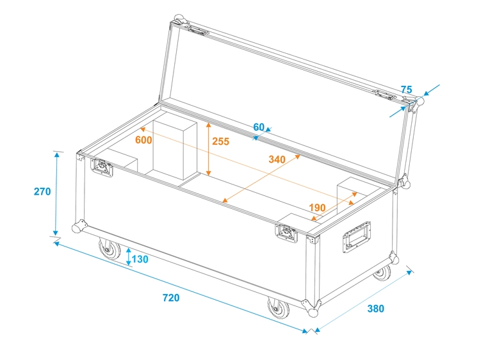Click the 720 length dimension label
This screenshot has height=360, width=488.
pyautogui.click(x=171, y=298)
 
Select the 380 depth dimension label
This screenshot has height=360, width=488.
pyautogui.click(x=376, y=309)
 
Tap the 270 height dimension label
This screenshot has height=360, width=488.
pyautogui.click(x=42, y=192)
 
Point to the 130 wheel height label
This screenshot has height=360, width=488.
pyautogui.click(x=140, y=259)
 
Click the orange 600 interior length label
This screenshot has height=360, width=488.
pyautogui.click(x=143, y=140)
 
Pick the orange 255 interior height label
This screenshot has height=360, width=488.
pyautogui.click(x=220, y=141)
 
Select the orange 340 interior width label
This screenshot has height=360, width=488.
pyautogui.click(x=277, y=160)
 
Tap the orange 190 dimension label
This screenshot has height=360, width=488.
pyautogui.click(x=317, y=208)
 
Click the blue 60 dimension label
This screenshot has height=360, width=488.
pyautogui.click(x=259, y=127)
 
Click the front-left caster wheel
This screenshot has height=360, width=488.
pyautogui.click(x=110, y=249)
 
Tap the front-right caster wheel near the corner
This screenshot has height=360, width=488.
pyautogui.click(x=280, y=310)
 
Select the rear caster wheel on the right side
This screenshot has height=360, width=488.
pyautogui.click(x=382, y=272)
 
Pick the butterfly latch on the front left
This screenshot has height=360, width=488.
pyautogui.click(x=102, y=167)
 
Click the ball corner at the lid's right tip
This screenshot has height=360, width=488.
pyautogui.click(x=420, y=102)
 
